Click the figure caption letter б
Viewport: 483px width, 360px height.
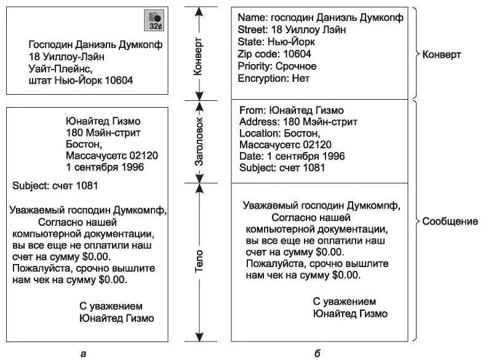(x=316, y=353)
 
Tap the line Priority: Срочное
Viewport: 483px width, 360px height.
(x=277, y=66)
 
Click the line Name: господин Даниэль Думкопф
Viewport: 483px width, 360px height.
(x=321, y=18)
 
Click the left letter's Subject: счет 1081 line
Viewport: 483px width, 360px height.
(x=55, y=185)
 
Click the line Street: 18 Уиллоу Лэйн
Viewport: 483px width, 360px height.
(x=292, y=30)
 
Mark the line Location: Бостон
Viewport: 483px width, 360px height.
(x=279, y=133)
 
